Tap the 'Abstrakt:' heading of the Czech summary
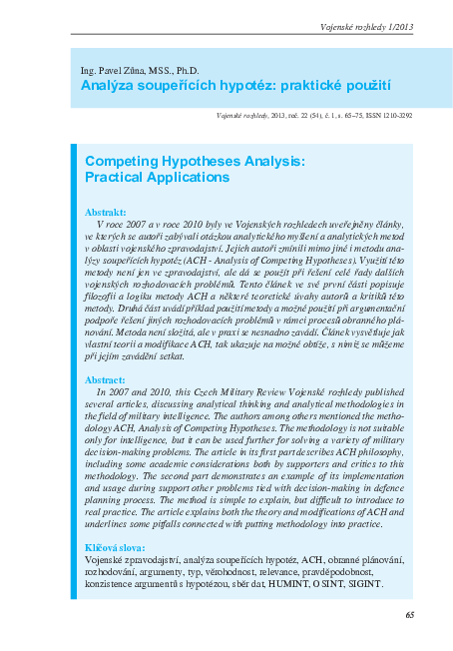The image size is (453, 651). coord(106,214)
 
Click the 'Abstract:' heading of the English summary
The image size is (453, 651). coord(106,380)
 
